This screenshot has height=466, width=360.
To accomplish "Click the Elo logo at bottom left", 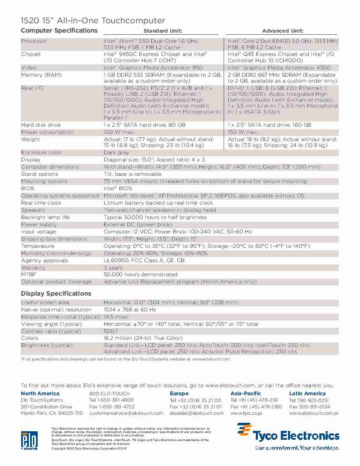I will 29,440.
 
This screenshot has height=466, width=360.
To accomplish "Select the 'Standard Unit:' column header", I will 163,31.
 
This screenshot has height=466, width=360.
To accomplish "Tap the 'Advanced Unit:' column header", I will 282,31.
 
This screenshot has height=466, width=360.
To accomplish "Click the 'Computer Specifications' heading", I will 59,31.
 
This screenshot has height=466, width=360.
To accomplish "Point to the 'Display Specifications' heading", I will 56,294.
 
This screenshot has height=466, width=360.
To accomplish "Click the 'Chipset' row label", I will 31,54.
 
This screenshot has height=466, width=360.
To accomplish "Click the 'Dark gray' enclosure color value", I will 116,153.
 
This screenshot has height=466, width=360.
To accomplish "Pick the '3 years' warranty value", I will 113,268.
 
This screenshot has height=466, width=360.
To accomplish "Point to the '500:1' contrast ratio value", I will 111,331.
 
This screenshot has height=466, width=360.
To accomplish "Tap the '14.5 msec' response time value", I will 116,317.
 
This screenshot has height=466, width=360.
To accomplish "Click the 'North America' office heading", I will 40,394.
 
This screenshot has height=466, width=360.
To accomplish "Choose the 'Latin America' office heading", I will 307,394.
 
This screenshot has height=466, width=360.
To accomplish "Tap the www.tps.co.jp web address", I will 246,413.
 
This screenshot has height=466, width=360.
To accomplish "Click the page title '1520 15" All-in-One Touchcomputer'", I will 93,21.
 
